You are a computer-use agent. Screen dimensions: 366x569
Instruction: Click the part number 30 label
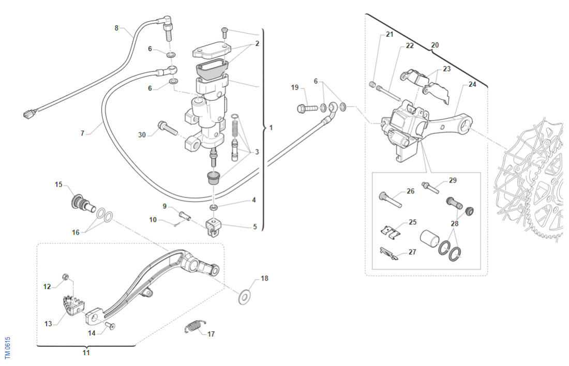(142, 134)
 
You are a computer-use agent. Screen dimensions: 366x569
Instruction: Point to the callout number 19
(295, 88)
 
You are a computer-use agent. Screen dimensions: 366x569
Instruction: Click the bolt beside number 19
(307, 109)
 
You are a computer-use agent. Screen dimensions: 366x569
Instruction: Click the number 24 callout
(472, 85)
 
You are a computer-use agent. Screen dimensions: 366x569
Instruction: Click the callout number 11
(86, 353)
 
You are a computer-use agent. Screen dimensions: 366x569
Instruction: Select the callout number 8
(116, 27)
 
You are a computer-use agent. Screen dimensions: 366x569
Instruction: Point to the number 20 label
(435, 45)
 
